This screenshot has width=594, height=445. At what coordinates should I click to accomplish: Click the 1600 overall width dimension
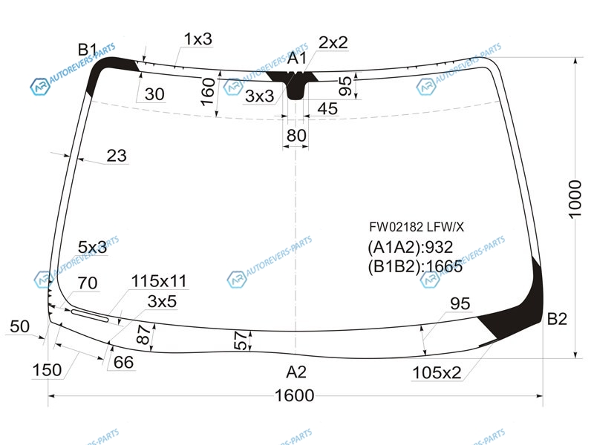(x=294, y=395)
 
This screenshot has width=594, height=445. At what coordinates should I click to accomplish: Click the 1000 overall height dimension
(x=575, y=200)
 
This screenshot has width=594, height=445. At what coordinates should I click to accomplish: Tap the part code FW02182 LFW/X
(x=417, y=227)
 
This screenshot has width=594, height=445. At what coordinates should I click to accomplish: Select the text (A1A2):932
(x=411, y=247)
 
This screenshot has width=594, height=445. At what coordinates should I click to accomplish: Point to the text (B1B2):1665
(x=415, y=266)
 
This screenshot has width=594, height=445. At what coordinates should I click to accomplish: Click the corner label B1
(x=88, y=50)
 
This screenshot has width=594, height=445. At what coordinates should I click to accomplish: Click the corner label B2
(x=557, y=319)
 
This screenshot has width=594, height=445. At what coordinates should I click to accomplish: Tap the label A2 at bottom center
(x=296, y=372)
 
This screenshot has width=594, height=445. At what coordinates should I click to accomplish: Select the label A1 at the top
(x=296, y=59)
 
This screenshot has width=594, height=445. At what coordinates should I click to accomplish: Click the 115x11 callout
(x=159, y=281)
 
